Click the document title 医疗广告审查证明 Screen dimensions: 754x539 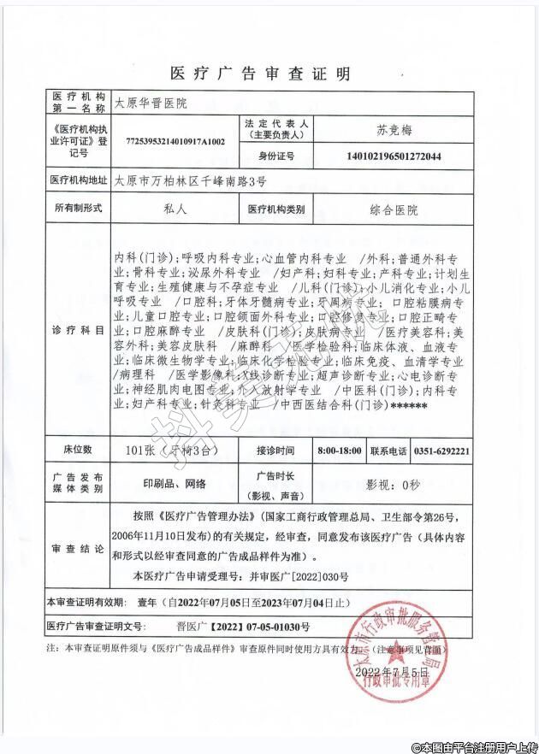[x=260, y=74]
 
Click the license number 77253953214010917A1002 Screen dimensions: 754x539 [x=175, y=140]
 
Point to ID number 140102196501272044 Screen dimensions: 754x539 [x=394, y=156]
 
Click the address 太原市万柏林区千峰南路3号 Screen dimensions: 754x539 [x=191, y=180]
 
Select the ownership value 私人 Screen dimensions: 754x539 [x=174, y=209]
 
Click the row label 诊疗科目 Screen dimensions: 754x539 [x=78, y=330]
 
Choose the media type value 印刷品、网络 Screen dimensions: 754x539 [x=175, y=483]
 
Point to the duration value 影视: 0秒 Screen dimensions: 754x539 [x=394, y=484]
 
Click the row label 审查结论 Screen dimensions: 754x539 [x=78, y=548]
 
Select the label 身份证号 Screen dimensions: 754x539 [x=276, y=156]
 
